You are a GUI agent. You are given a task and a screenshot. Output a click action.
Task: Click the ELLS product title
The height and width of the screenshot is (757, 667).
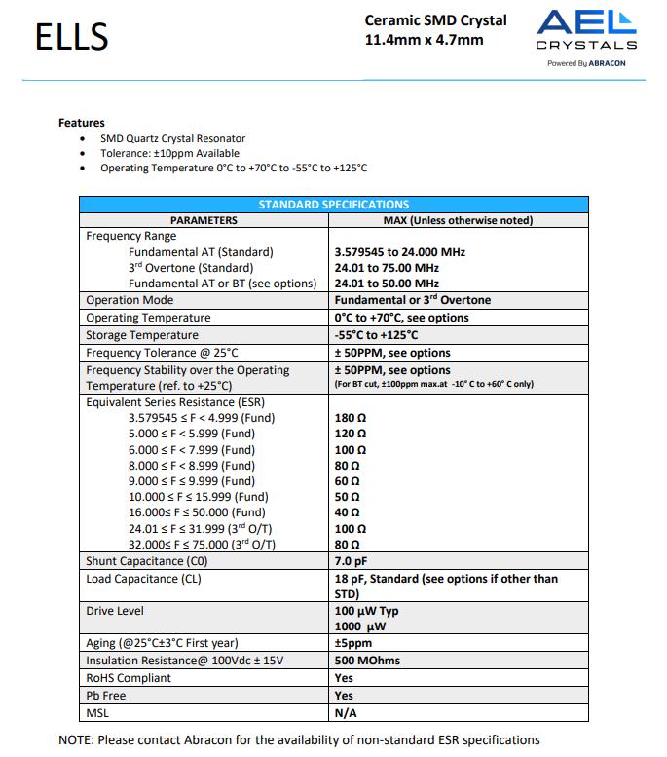[x=71, y=37]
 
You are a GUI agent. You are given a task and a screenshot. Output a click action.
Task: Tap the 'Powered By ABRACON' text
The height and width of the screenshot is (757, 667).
[x=586, y=63]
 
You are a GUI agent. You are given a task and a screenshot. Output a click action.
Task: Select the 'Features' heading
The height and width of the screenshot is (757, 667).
[x=82, y=123]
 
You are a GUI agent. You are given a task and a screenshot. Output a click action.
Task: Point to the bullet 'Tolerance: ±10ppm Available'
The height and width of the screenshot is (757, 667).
[x=169, y=153]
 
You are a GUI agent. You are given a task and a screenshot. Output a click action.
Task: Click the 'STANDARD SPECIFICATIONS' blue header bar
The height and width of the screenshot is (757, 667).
[x=333, y=205]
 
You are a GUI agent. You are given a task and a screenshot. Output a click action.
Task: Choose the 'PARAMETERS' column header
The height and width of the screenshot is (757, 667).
[x=204, y=220]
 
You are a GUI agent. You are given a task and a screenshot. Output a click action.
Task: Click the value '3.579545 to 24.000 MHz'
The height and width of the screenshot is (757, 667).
[x=400, y=252]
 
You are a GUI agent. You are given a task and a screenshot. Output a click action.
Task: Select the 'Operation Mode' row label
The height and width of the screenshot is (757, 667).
[x=130, y=300]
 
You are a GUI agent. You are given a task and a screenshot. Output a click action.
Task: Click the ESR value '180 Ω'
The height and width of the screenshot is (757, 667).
[x=350, y=418]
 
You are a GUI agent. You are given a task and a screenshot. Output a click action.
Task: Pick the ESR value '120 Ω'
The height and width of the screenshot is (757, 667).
[x=350, y=434]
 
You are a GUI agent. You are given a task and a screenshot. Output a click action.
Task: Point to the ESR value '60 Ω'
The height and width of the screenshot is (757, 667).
[x=347, y=481]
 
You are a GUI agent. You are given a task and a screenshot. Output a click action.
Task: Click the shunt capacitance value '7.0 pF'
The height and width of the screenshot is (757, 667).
[x=351, y=561]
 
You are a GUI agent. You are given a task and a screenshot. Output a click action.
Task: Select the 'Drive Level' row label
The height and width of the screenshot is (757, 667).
[x=115, y=611]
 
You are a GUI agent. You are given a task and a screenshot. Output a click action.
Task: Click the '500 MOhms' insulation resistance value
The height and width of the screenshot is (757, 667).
[x=367, y=661]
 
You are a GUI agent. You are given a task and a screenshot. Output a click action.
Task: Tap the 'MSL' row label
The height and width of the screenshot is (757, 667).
[x=98, y=713]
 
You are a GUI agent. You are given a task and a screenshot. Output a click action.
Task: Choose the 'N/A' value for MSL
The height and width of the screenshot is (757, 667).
[x=345, y=713]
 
